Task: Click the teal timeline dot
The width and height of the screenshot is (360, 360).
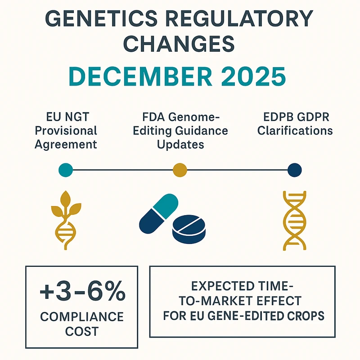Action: coord(66,170)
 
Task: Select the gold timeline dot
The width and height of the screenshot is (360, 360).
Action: coord(180,170)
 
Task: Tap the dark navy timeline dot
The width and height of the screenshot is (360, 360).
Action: coord(294,170)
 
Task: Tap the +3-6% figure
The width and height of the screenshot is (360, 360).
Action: coord(82,293)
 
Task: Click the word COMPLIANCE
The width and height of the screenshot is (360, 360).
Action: coord(81,316)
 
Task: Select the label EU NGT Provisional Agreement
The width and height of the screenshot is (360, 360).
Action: coord(66,131)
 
